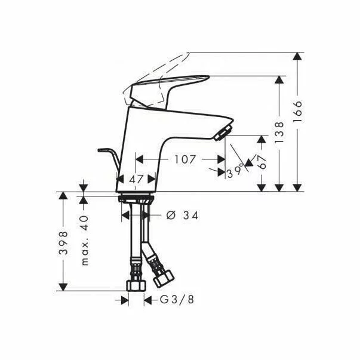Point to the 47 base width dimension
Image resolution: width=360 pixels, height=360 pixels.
[137, 178]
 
